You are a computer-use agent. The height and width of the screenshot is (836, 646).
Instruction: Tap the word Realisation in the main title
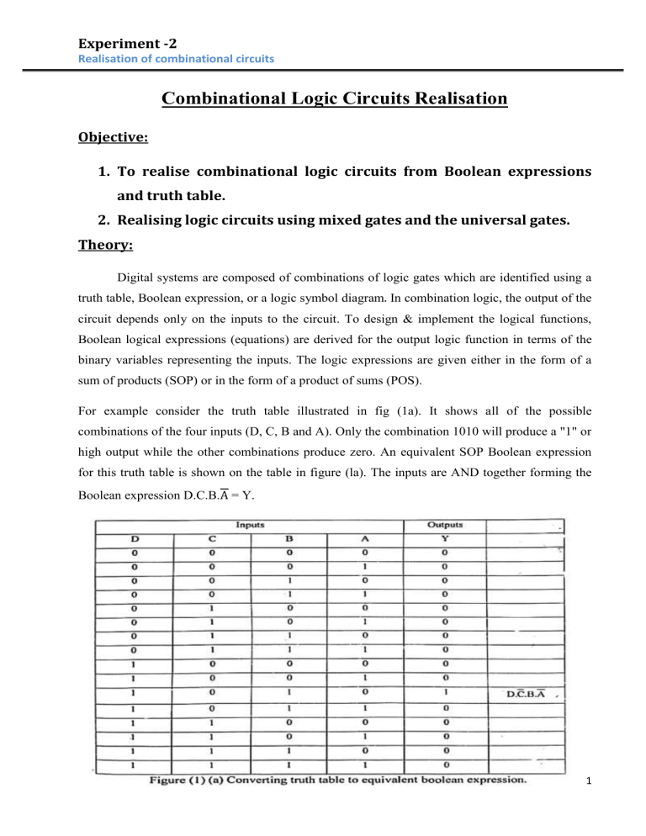coord(442,100)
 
